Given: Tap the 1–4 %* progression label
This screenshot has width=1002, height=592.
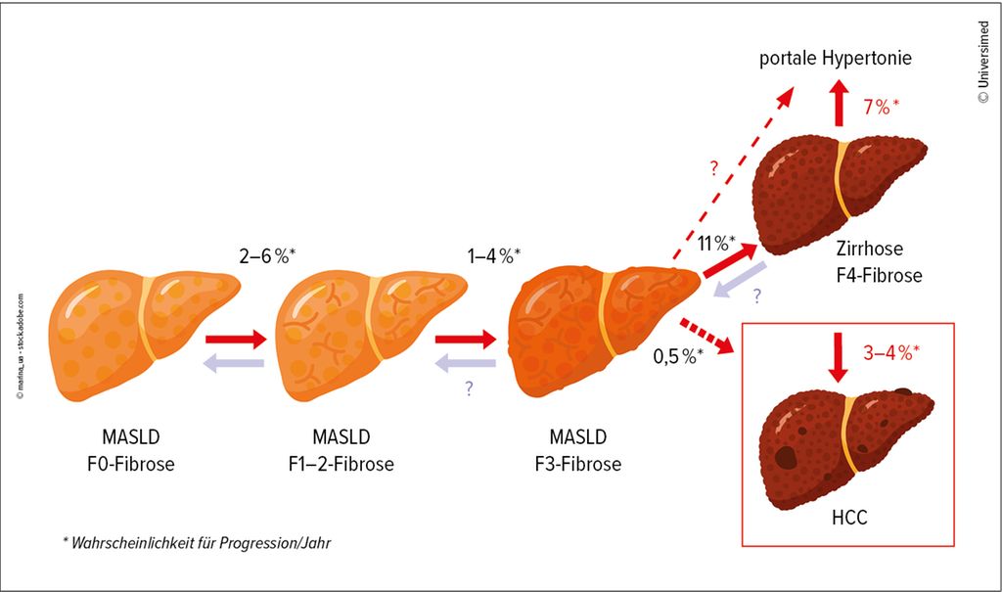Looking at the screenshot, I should pyautogui.click(x=494, y=255).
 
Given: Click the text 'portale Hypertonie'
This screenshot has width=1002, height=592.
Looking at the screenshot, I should pyautogui.click(x=836, y=59).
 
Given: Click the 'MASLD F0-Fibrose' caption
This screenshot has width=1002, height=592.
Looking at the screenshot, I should pyautogui.click(x=137, y=450).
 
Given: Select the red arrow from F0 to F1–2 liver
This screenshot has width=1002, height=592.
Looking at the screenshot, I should pyautogui.click(x=235, y=341).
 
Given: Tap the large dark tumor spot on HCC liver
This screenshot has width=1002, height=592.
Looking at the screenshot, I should pyautogui.click(x=785, y=457).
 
